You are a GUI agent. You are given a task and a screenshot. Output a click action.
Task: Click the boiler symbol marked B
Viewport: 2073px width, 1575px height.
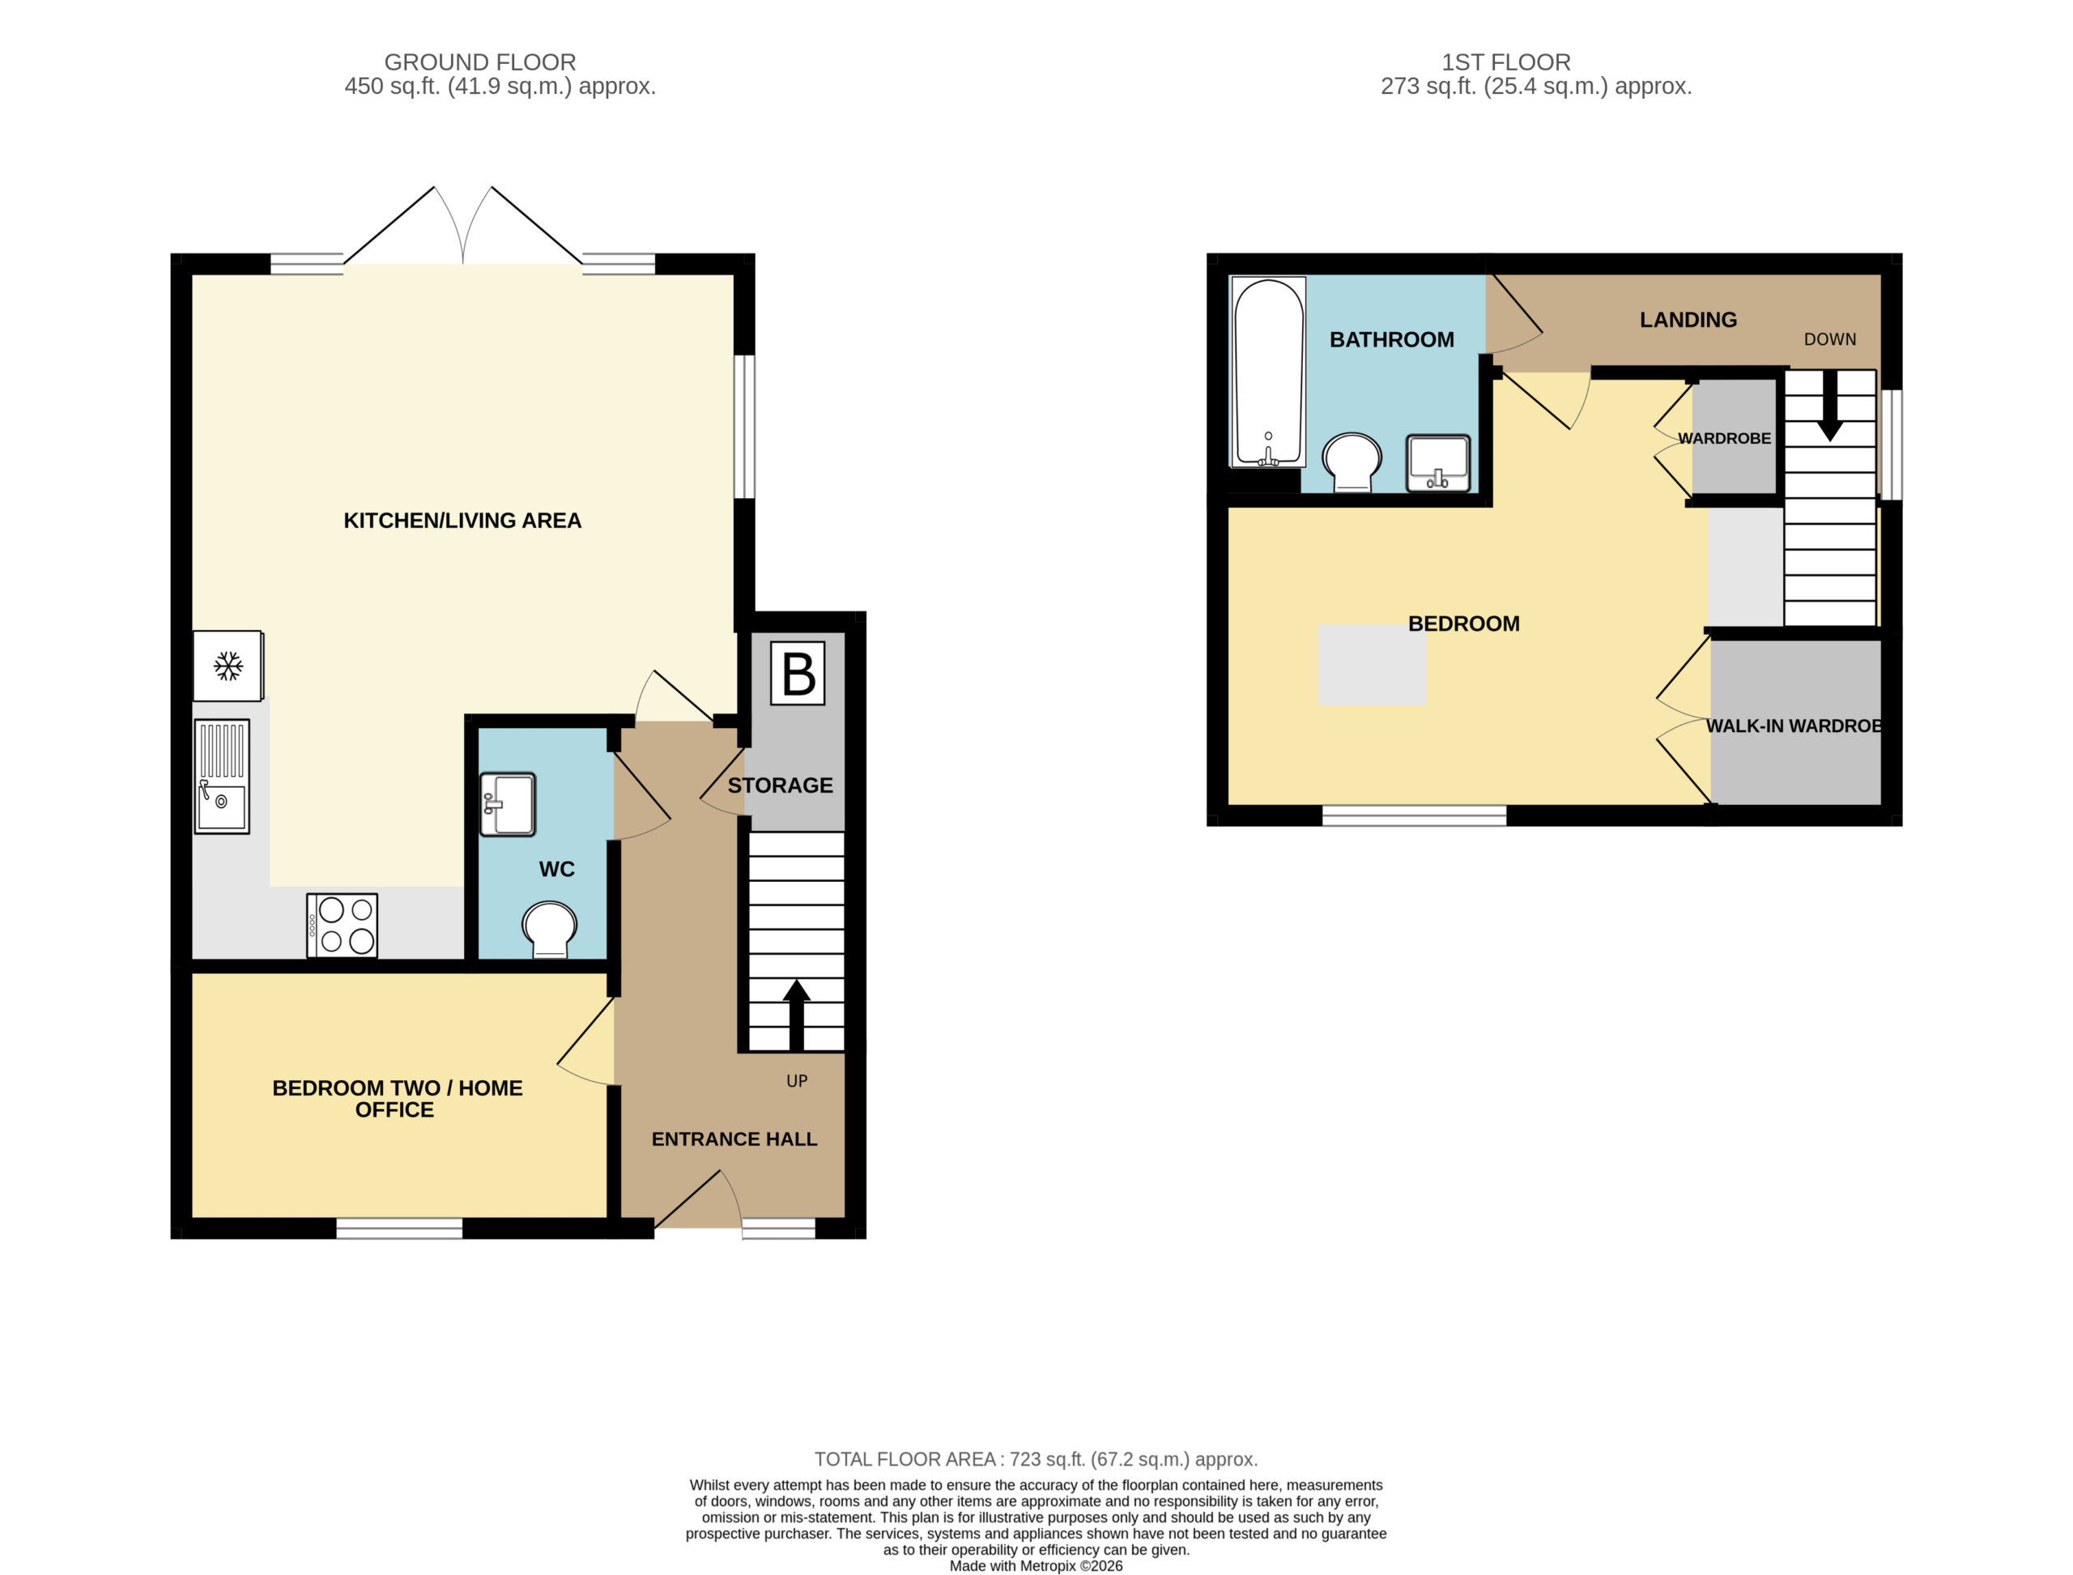797,673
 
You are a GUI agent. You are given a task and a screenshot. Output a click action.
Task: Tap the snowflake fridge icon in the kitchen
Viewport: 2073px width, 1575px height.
228,666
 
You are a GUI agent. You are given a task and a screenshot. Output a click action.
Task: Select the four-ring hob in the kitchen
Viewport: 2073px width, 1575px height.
343,926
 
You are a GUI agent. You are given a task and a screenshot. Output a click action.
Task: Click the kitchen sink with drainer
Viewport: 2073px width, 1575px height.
222,777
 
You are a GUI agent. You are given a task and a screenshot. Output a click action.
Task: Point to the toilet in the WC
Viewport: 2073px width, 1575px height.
549,929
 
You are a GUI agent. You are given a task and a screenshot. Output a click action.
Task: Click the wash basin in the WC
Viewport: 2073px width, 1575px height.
507,803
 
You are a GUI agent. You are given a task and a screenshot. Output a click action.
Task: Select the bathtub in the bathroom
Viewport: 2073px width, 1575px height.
1269,371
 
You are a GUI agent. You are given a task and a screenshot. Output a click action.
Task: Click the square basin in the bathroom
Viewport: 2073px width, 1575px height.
1438,462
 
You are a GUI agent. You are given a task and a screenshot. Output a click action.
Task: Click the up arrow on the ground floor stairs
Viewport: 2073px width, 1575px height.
796,1015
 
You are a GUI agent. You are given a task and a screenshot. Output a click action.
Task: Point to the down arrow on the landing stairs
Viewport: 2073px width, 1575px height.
1829,406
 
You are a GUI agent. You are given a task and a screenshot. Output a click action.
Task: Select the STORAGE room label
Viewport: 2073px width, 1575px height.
780,785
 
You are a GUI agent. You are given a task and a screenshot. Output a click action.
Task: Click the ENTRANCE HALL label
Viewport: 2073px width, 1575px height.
734,1139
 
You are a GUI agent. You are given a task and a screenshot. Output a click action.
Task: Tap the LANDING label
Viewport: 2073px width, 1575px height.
1688,320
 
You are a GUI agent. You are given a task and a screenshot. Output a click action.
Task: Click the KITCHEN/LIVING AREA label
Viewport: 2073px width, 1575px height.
462,521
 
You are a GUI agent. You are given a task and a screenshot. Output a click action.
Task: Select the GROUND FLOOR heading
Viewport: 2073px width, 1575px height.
480,62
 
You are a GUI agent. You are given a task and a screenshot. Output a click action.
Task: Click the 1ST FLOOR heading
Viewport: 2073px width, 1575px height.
1506,62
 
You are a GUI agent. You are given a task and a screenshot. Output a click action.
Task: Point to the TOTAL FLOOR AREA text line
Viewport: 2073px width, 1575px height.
1036,1458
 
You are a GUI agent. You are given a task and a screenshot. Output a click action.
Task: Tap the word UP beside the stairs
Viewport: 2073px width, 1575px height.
797,1081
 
